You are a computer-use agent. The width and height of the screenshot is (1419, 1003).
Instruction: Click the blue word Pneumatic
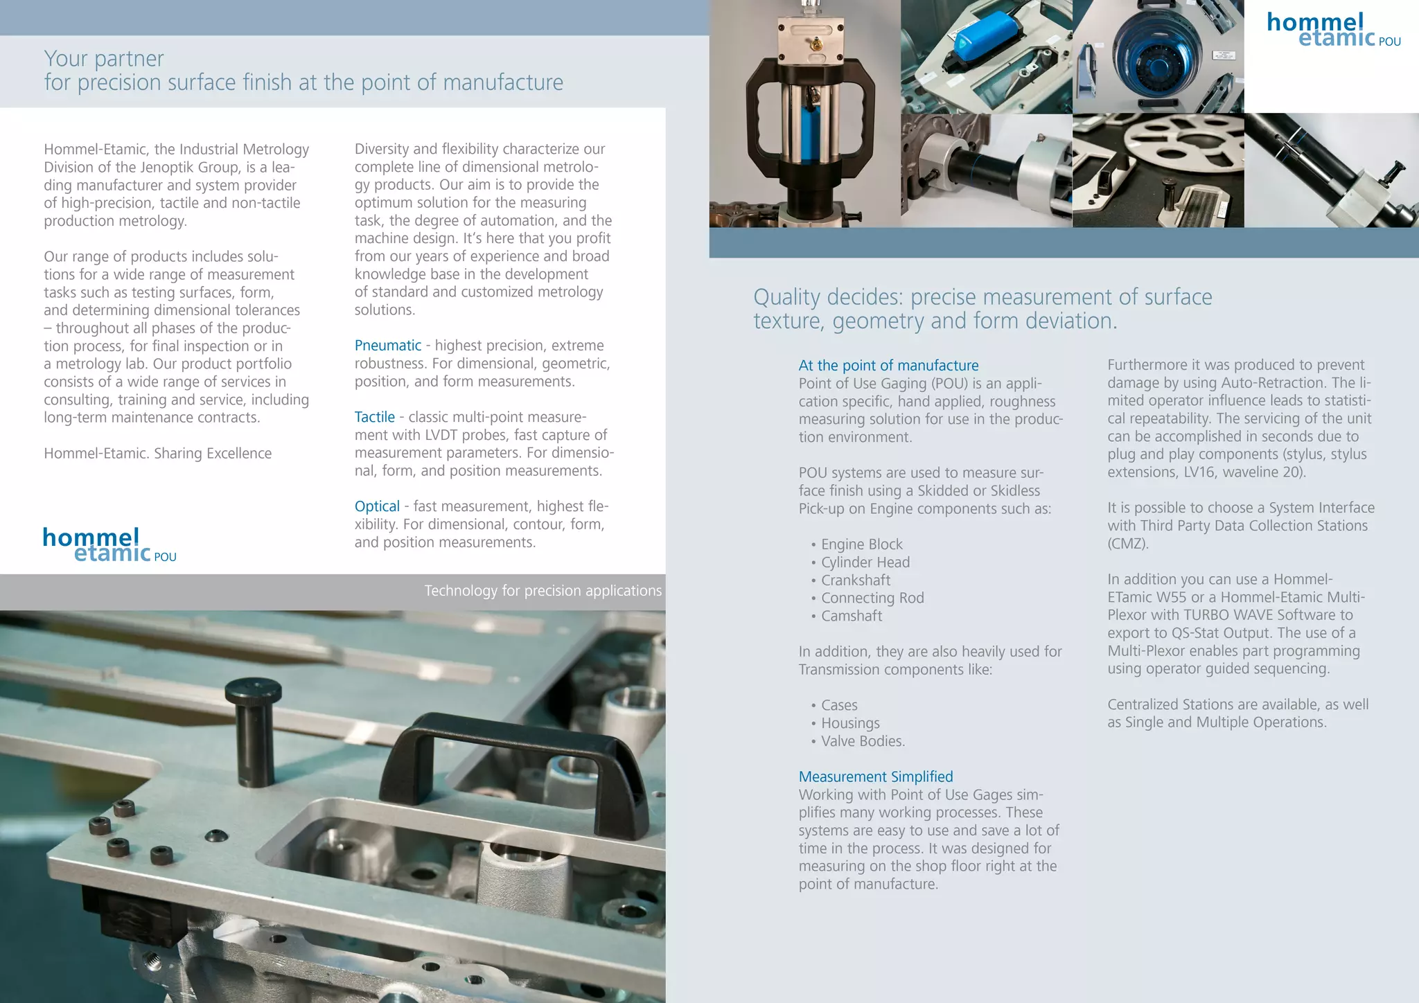point(387,346)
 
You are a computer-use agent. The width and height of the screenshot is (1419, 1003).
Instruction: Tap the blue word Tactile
point(374,417)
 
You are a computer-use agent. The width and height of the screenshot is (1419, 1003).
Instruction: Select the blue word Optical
point(377,506)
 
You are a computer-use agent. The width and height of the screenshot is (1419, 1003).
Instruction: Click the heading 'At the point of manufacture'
point(888,366)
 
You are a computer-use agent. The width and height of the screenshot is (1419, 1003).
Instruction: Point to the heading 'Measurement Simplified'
point(875,777)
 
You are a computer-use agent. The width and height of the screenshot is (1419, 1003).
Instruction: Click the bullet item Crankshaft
point(855,580)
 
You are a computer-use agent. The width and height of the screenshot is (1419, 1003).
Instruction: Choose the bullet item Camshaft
point(851,616)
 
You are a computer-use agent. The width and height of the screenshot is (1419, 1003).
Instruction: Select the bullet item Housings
point(849,723)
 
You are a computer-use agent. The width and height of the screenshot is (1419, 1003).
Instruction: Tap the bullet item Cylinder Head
point(865,562)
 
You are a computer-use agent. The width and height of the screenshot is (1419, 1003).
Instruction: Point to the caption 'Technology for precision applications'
point(543,591)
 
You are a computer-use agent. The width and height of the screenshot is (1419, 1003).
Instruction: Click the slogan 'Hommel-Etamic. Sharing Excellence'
point(157,454)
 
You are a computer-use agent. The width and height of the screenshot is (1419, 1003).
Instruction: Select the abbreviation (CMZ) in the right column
point(1127,544)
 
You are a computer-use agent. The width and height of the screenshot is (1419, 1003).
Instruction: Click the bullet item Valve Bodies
point(863,741)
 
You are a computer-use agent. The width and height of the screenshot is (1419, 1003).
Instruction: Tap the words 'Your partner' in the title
point(104,59)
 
